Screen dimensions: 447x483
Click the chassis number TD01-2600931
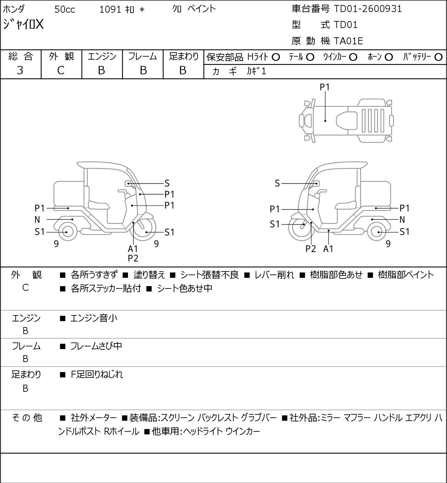point(368,9)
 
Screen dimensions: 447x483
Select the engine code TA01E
point(348,41)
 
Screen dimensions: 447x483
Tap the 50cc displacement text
point(65,9)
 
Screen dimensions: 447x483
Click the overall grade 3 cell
point(20,71)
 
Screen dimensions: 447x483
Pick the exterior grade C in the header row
point(61,71)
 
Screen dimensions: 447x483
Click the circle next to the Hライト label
point(276,57)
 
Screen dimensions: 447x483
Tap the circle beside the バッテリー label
point(438,57)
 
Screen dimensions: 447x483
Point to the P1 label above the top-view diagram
point(325,87)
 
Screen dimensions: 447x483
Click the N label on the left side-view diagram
point(37,220)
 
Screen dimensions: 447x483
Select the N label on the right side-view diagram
point(402,220)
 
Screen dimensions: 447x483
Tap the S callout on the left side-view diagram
point(167,183)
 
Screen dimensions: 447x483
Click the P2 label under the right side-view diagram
point(311,249)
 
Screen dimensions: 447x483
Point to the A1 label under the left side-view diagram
point(133,249)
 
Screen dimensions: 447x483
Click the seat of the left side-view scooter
point(99,205)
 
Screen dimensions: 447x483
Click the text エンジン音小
point(94,318)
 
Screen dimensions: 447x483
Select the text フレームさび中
point(96,346)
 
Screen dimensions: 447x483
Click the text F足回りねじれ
point(97,374)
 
